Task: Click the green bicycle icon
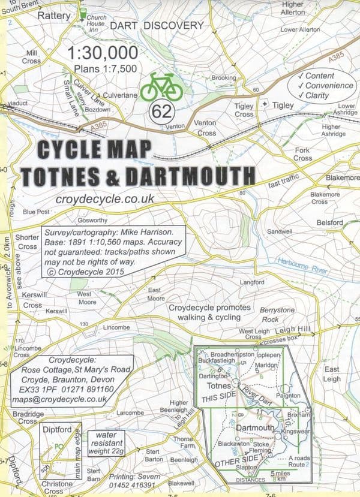click(161, 88)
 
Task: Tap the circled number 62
click(160, 112)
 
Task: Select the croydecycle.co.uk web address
click(105, 198)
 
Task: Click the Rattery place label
click(54, 16)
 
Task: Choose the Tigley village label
click(283, 105)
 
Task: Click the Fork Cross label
click(303, 154)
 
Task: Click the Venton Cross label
click(206, 128)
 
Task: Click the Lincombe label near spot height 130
click(116, 329)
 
